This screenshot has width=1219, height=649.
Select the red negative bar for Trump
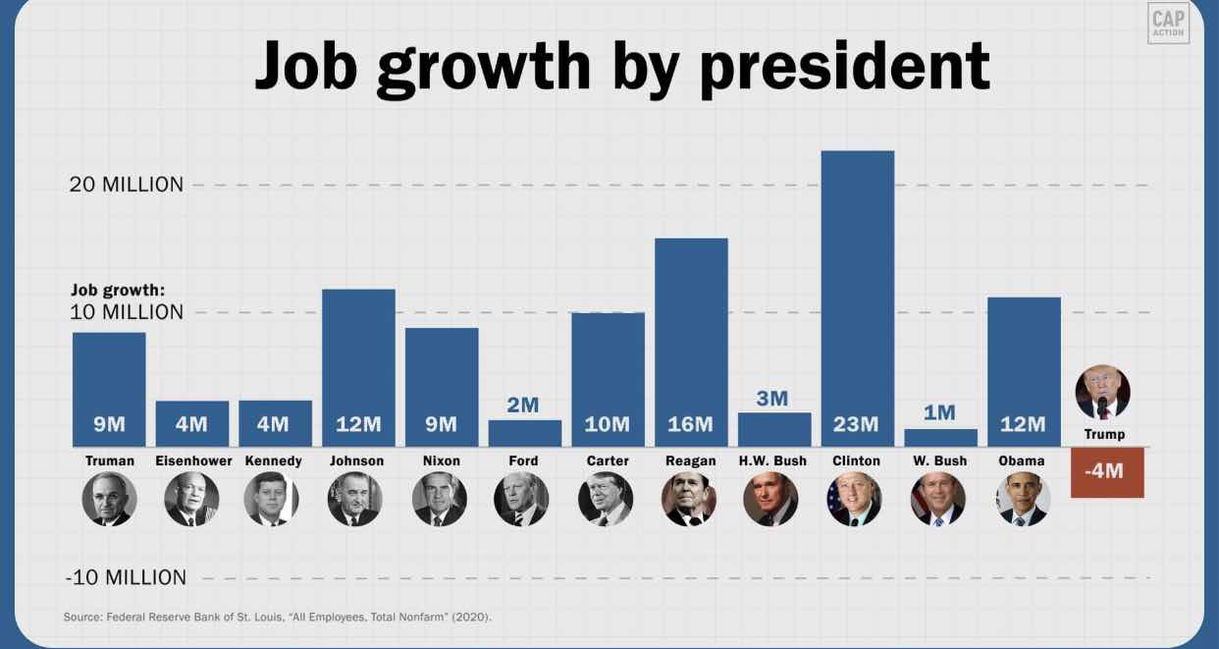[1107, 472]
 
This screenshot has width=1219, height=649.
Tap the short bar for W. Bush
[940, 438]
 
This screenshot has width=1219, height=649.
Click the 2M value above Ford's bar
[523, 405]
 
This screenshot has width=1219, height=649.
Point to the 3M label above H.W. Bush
[772, 398]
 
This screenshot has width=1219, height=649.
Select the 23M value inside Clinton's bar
[856, 424]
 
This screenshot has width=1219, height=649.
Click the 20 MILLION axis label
[127, 185]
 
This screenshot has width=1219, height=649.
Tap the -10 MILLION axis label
[126, 577]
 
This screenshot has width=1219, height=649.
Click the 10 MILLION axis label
[127, 312]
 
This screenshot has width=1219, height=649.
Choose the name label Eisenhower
[193, 460]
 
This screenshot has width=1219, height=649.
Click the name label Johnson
[357, 460]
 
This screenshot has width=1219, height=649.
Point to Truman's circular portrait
[109, 499]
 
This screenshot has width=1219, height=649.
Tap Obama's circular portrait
[1023, 499]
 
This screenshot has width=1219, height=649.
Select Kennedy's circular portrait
[272, 499]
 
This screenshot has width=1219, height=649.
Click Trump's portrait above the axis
[1103, 393]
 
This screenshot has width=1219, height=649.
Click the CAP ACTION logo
[1168, 23]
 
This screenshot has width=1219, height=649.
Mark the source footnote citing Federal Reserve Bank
[278, 617]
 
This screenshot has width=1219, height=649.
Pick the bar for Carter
[608, 378]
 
